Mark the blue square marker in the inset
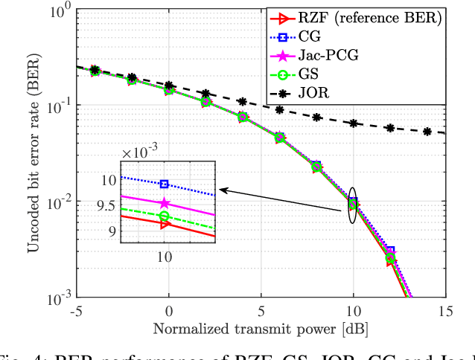tap(165, 184)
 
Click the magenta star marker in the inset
tap(165, 203)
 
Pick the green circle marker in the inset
tap(165, 216)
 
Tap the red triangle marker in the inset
tap(165, 224)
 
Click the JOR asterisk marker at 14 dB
tap(427, 132)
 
